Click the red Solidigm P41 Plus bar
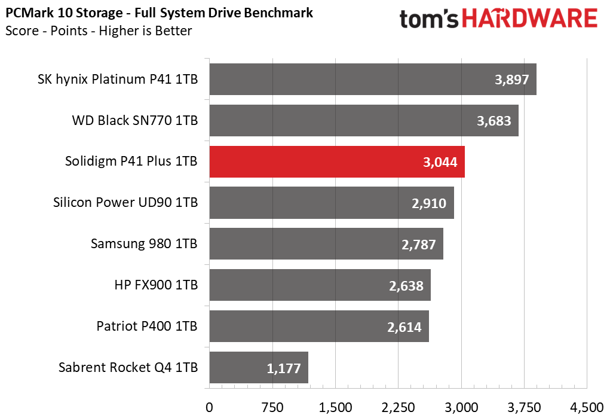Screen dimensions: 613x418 (x=337, y=161)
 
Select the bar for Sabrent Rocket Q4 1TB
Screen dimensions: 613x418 (x=259, y=368)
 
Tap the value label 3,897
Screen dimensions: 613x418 (x=512, y=80)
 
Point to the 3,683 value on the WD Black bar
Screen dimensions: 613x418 (x=494, y=121)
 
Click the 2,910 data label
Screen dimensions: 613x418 (x=429, y=203)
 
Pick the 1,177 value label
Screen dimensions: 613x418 (x=283, y=368)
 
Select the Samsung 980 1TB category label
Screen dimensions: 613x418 (x=144, y=243)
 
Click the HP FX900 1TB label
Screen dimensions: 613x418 (x=156, y=285)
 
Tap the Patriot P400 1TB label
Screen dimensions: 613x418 (x=147, y=326)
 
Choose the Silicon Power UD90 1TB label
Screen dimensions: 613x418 (x=125, y=202)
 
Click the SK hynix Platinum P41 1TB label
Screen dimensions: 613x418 (x=118, y=79)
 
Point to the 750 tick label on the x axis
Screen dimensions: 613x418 (x=272, y=407)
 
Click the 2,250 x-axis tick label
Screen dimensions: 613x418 (x=399, y=407)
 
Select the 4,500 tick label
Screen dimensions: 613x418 (x=587, y=407)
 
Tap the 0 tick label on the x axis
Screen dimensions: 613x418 (x=210, y=407)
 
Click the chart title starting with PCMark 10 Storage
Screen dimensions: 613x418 (x=159, y=13)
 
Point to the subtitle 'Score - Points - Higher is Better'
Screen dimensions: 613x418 (x=99, y=30)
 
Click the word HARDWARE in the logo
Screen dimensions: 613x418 (x=530, y=19)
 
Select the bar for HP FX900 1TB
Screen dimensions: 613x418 (x=320, y=285)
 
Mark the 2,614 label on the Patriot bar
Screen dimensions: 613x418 (x=404, y=327)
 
